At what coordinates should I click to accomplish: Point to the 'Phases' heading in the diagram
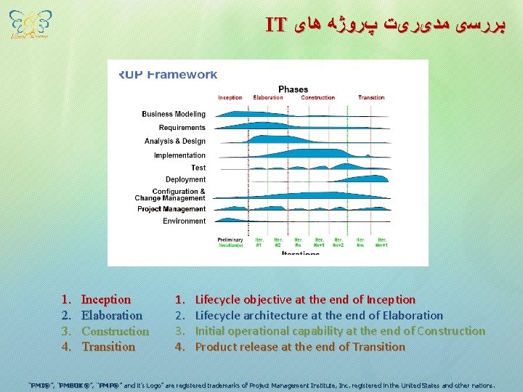(293, 89)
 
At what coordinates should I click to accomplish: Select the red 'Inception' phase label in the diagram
(230, 98)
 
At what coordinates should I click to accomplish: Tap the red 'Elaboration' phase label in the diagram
(268, 98)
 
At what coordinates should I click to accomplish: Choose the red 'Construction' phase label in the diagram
(318, 98)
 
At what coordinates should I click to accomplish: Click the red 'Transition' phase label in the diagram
(371, 98)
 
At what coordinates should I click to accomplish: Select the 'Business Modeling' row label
(174, 114)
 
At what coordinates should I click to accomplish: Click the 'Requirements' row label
(182, 128)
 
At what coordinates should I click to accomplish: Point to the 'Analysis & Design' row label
(175, 142)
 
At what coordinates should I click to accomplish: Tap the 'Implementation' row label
(179, 155)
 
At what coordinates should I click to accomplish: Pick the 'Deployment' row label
(185, 179)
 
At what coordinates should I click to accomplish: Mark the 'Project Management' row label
(171, 209)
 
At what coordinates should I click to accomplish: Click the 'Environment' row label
(184, 221)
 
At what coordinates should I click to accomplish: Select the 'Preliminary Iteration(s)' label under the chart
(231, 242)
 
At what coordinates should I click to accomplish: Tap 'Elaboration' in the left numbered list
(112, 316)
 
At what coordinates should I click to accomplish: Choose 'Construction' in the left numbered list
(115, 331)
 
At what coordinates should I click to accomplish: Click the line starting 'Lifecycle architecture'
(319, 316)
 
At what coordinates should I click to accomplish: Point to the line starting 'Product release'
(300, 347)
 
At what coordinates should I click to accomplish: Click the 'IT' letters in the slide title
(276, 25)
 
